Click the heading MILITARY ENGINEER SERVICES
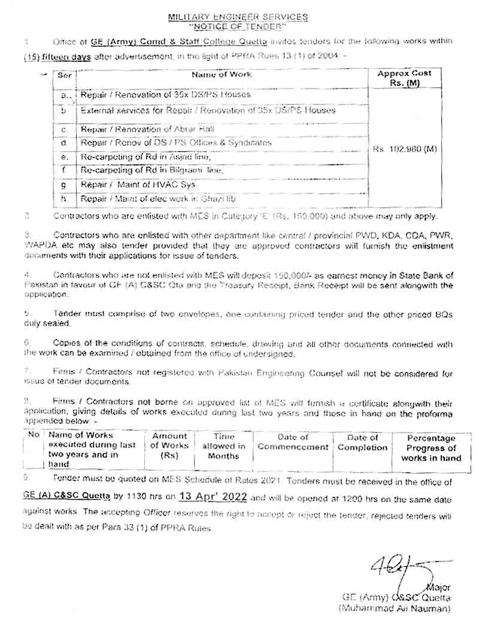pyautogui.click(x=238, y=18)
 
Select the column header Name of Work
pyautogui.click(x=222, y=74)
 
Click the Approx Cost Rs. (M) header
pyautogui.click(x=404, y=78)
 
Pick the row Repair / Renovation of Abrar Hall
pyautogui.click(x=148, y=129)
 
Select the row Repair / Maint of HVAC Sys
pyautogui.click(x=138, y=184)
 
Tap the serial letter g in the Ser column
pyautogui.click(x=63, y=185)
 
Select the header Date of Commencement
pyautogui.click(x=293, y=442)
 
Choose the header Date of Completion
pyautogui.click(x=363, y=442)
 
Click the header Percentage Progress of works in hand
pyautogui.click(x=431, y=448)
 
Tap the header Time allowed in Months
pyautogui.click(x=223, y=446)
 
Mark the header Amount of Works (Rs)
pyautogui.click(x=169, y=445)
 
